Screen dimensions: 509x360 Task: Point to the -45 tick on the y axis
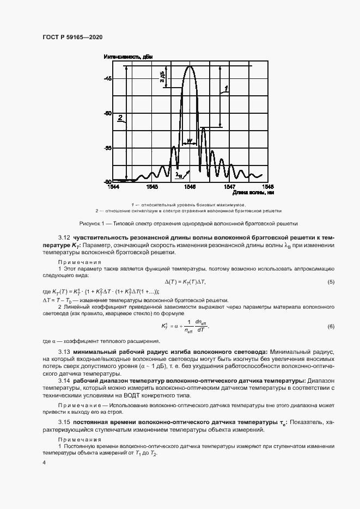click(107, 79)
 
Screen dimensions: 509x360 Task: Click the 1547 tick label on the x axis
click(229, 186)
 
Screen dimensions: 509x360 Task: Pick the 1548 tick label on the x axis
click(267, 186)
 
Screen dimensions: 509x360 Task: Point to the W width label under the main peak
click(189, 140)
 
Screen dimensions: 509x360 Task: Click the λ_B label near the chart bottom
click(179, 175)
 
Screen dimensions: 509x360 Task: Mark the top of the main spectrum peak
click(190, 66)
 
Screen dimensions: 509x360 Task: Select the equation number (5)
click(331, 281)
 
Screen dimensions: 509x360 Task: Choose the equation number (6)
click(331, 326)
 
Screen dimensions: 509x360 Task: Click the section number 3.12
click(65, 238)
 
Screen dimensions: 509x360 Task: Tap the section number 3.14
click(65, 380)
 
